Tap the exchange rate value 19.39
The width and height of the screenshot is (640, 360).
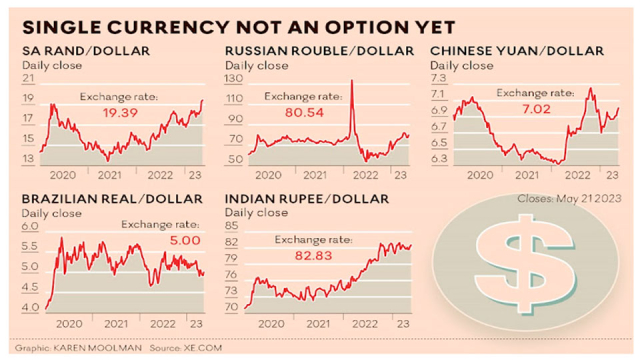coord(119,115)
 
